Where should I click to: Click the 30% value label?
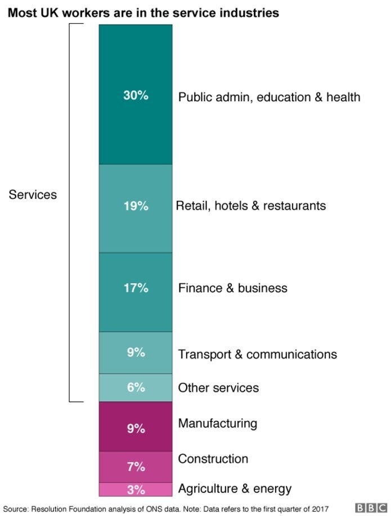[x=136, y=96]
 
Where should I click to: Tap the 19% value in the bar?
[x=136, y=206]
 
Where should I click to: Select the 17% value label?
[x=136, y=288]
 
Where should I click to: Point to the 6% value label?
[x=136, y=387]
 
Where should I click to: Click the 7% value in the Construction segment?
[x=136, y=467]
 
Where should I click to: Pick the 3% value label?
[x=136, y=490]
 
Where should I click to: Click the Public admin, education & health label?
[x=269, y=97]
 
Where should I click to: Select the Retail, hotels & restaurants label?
[x=251, y=206]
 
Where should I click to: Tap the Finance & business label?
[x=232, y=288]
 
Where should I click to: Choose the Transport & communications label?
[x=257, y=354]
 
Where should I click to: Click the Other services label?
[x=218, y=388]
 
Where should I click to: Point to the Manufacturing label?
[x=217, y=423]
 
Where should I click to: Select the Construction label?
[x=213, y=459]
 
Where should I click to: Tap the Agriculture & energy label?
[x=235, y=488]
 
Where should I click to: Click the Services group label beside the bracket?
[x=33, y=194]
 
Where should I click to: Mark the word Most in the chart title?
[x=21, y=12]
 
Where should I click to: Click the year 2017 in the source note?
[x=319, y=508]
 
